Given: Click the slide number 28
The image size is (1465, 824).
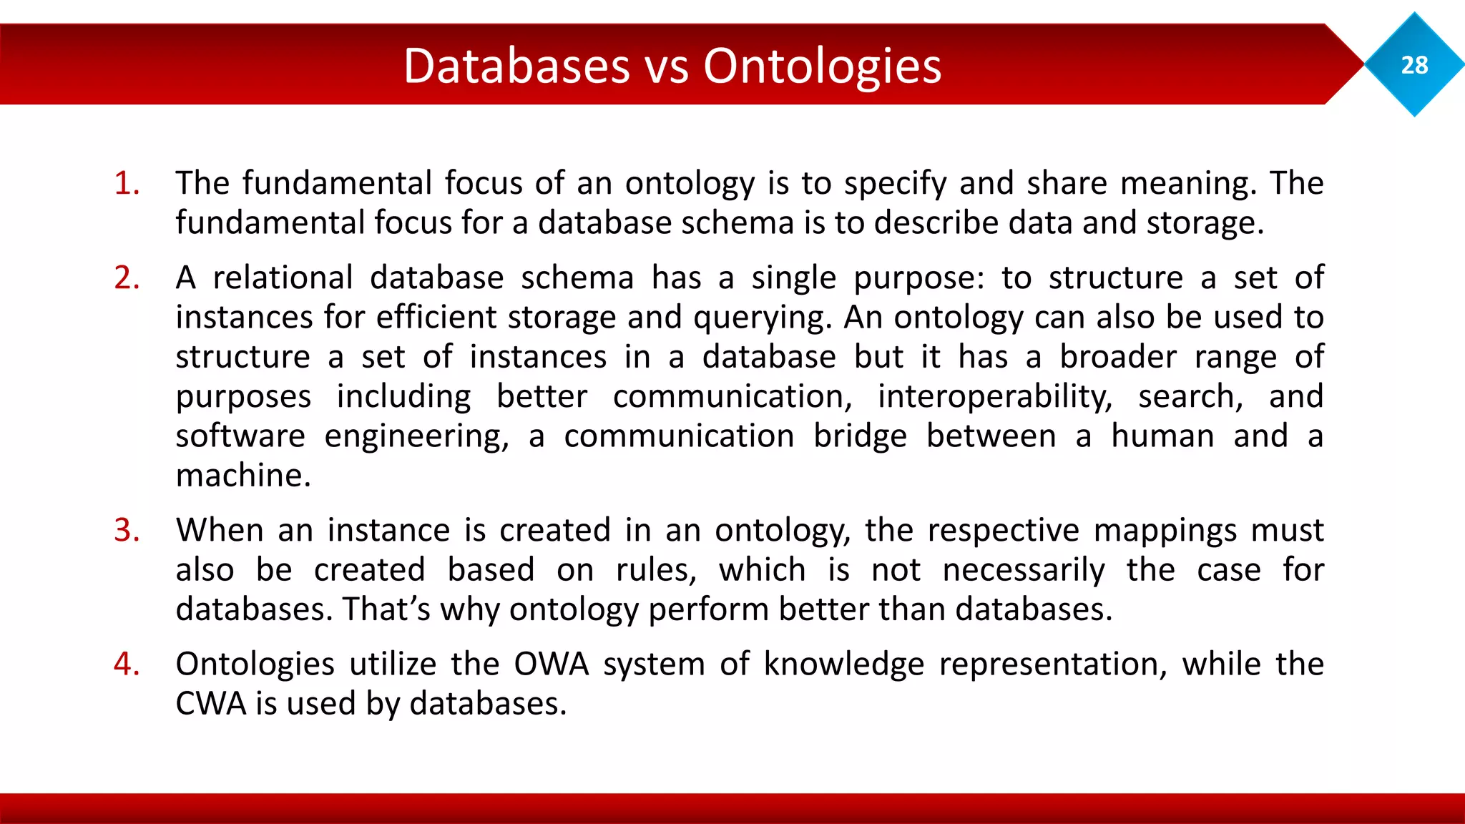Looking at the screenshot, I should click(1414, 65).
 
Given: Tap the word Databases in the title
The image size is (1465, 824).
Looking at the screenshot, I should click(516, 66).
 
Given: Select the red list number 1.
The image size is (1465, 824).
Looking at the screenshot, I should click(127, 183).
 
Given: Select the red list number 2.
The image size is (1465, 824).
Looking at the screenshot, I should click(127, 278).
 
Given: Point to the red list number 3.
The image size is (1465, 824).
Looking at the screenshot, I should click(127, 530).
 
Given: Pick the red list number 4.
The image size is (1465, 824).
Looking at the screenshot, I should click(127, 664).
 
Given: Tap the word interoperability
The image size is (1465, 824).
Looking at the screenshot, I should click(994, 396).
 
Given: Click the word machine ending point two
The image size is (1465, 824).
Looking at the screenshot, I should click(243, 476).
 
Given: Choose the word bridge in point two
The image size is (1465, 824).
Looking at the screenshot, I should click(860, 436).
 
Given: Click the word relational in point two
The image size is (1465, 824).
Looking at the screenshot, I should click(283, 278).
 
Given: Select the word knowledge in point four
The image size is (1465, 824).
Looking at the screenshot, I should click(844, 664).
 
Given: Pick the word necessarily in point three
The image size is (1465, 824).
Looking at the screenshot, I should click(1023, 570).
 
